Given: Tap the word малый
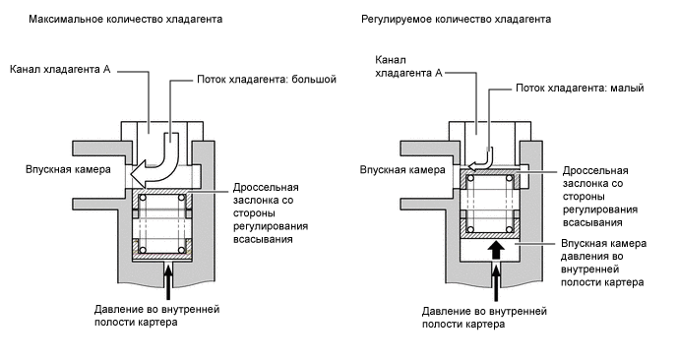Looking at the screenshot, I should point(626,88).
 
